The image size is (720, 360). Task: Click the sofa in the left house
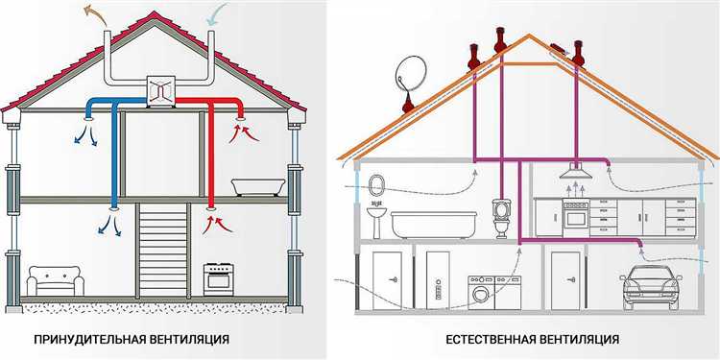53,280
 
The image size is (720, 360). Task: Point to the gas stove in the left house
216,279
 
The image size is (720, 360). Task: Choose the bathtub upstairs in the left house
259,182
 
